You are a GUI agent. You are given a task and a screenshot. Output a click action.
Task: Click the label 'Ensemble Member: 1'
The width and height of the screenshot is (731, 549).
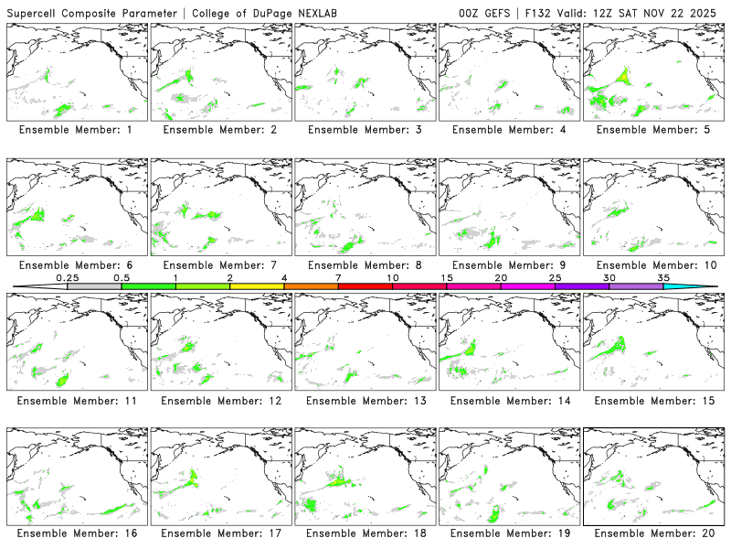click(75, 130)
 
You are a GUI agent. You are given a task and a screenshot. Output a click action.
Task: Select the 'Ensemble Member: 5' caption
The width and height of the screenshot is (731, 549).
click(651, 130)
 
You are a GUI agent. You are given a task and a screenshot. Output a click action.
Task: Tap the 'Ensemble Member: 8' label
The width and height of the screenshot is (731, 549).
click(363, 265)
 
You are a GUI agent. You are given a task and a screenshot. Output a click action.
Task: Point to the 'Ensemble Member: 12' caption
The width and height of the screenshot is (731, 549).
click(218, 401)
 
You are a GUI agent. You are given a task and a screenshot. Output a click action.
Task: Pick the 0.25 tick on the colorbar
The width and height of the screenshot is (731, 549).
click(68, 277)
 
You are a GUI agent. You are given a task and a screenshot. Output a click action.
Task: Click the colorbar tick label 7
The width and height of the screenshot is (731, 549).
click(338, 277)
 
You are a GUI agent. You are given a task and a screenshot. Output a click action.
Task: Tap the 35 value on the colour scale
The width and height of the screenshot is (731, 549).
click(663, 277)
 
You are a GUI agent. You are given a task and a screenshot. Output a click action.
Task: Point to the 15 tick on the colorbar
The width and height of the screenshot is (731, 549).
click(447, 277)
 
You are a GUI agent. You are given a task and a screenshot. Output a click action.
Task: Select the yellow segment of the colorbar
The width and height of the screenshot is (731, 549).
click(257, 286)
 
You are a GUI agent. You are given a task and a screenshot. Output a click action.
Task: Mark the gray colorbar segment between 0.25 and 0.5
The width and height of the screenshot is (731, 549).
click(94, 286)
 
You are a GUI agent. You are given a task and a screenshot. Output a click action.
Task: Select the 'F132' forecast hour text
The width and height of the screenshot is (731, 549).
click(540, 13)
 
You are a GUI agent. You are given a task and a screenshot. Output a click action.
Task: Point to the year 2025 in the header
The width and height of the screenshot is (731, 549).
click(705, 13)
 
